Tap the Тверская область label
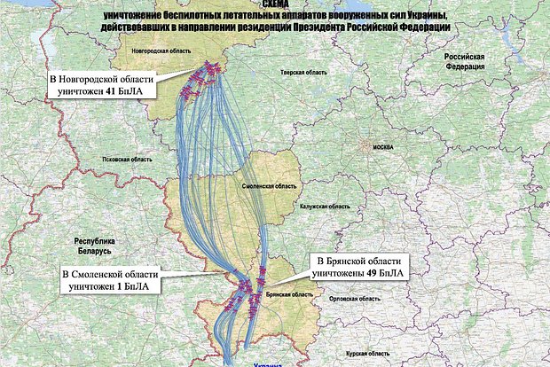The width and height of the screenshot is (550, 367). [299, 71]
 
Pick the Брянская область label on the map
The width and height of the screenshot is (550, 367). [286, 292]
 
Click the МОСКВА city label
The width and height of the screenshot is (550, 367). [382, 146]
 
